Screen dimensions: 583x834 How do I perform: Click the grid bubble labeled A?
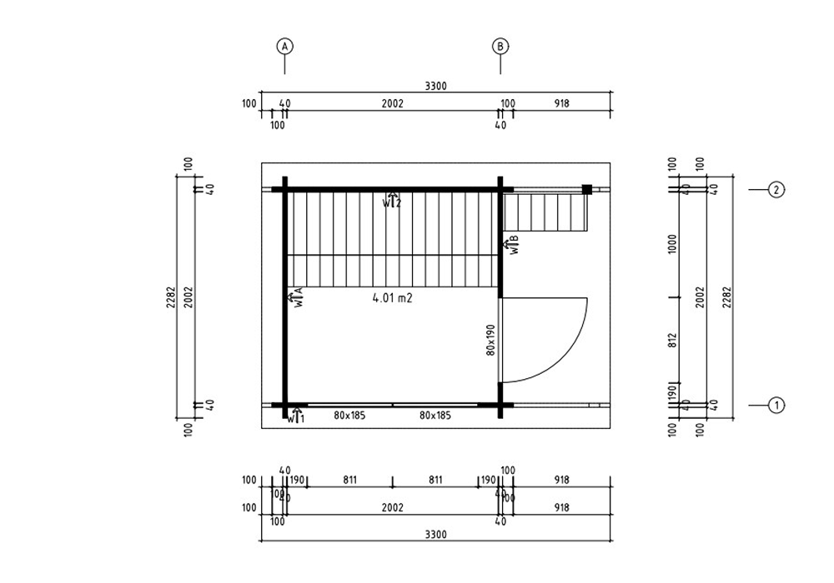(285, 47)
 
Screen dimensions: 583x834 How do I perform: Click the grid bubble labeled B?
(500, 47)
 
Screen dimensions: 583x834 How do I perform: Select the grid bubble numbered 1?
(776, 406)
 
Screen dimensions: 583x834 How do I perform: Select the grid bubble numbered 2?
(776, 190)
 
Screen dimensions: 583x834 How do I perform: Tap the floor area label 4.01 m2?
(393, 296)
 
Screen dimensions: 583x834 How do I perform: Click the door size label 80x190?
(491, 340)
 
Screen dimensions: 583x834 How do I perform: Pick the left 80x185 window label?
(349, 414)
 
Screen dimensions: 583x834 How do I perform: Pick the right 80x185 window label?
(435, 414)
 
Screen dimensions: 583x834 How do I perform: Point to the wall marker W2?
(392, 201)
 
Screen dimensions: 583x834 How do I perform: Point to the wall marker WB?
(513, 244)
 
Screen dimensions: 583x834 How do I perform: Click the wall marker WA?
(297, 298)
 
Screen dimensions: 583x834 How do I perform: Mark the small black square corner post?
(587, 190)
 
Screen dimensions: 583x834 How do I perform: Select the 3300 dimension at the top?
(435, 86)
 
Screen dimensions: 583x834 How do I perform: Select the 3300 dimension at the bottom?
(435, 534)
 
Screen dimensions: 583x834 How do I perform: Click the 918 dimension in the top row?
(562, 104)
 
